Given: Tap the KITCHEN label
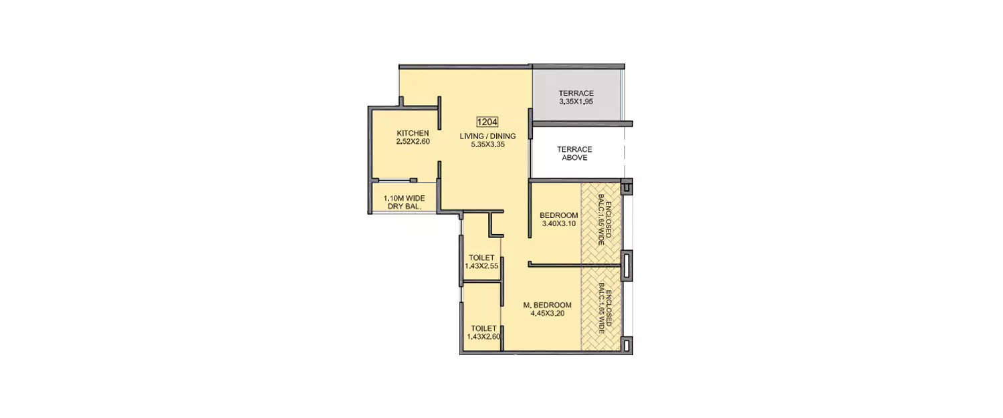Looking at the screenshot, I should tap(413, 133).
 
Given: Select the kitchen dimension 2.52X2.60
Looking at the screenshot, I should tap(413, 141).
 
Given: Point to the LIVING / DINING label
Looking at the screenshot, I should tap(487, 136).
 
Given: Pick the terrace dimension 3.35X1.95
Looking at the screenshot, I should tap(576, 102).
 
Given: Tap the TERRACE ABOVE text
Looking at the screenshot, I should tap(574, 153).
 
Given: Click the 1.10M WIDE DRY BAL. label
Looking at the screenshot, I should tap(404, 202).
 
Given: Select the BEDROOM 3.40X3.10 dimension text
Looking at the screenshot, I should tap(558, 223).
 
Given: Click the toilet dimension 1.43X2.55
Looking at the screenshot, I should tap(481, 266).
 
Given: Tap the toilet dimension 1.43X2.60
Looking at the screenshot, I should tap(483, 336).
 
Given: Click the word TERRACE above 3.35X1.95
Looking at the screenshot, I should tap(576, 93).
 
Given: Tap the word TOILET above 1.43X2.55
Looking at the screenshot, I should tap(481, 257).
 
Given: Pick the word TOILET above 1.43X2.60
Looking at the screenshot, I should tap(483, 328).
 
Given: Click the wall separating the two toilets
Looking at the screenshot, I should tap(481, 282).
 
